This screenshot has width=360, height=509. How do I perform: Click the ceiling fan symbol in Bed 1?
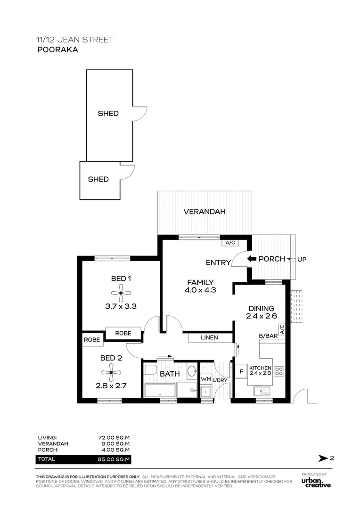click(121, 293)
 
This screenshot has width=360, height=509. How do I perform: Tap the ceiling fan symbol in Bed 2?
click(111, 372)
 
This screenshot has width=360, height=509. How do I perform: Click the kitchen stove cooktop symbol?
click(279, 371)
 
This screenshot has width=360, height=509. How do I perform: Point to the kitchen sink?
click(262, 391)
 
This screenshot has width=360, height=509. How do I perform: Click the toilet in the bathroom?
click(150, 370)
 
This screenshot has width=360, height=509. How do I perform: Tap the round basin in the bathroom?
click(192, 370)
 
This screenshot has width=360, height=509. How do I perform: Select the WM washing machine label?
click(206, 379)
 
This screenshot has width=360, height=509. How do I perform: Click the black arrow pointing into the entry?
click(252, 259)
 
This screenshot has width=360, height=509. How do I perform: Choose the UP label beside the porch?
click(302, 259)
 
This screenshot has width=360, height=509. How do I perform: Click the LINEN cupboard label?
click(209, 337)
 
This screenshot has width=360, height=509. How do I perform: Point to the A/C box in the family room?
click(230, 243)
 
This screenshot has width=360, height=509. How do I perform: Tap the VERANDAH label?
click(205, 212)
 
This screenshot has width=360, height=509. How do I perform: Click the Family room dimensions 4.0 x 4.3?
click(200, 290)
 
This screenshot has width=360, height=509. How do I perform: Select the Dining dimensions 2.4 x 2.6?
click(262, 316)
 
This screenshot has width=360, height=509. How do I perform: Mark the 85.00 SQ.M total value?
click(114, 460)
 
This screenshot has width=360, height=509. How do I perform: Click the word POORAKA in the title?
click(58, 49)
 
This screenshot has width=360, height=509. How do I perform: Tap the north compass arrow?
click(323, 459)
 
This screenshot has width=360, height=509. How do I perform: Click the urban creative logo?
click(316, 483)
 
